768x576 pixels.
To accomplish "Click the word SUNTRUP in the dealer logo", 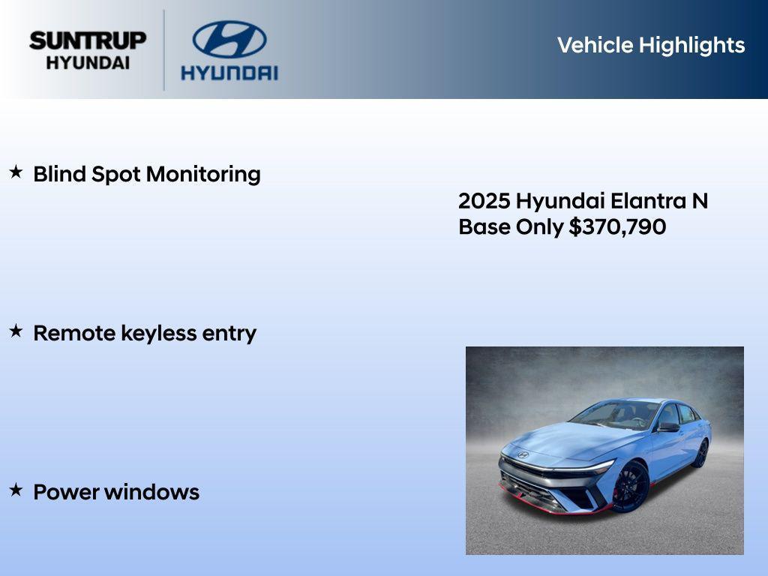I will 88,40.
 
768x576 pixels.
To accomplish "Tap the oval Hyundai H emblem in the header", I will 229,40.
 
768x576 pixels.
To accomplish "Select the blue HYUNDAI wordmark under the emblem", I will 229,73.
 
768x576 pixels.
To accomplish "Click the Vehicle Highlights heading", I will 651,45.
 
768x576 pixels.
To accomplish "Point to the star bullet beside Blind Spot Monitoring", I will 16,172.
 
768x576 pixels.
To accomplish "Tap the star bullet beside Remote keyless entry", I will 16,331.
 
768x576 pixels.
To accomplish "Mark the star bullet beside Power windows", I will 16,490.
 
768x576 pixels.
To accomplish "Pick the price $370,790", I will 617,227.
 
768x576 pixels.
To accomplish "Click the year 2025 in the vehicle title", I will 484,201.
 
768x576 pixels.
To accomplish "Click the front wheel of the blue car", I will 631,487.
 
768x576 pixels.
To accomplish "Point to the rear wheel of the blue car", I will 700,453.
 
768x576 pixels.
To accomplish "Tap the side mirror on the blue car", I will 667,427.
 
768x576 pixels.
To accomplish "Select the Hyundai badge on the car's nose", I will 523,454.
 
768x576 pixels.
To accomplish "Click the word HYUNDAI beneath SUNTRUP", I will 88,63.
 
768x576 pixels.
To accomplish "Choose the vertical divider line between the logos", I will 164,49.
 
